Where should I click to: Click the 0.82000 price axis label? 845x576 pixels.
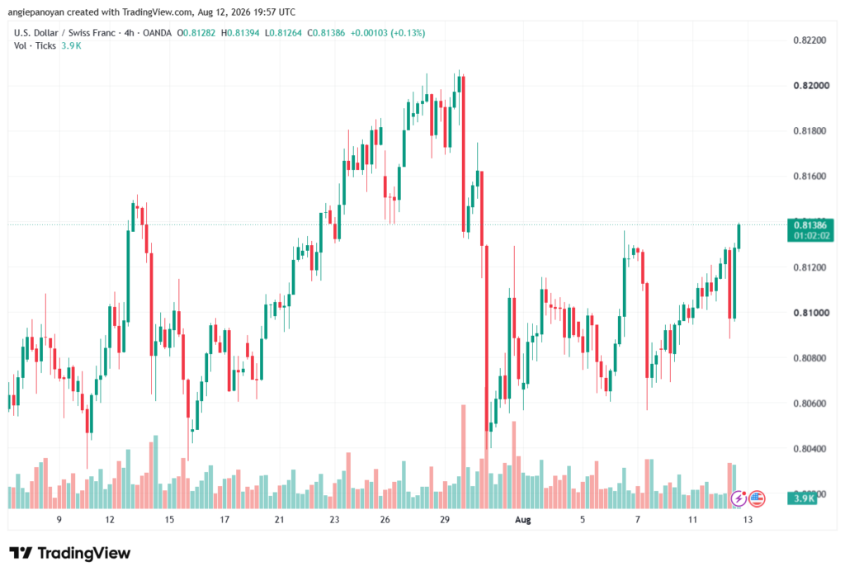tap(811, 86)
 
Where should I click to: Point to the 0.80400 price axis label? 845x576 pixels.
tap(810, 449)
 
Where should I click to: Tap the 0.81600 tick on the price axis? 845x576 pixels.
tap(810, 177)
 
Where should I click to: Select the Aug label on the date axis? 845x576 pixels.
tap(522, 520)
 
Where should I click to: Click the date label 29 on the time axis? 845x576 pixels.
tap(445, 520)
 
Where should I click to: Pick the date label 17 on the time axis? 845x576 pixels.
tap(224, 520)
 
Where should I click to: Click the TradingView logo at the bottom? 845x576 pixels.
tap(70, 554)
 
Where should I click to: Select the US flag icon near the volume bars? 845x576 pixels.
tap(758, 499)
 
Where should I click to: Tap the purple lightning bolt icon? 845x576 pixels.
tap(739, 499)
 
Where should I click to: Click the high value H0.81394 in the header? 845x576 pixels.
tap(240, 33)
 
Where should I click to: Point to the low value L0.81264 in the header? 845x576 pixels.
tap(283, 33)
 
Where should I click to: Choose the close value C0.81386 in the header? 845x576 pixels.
tap(326, 33)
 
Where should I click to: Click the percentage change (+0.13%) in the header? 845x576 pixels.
tap(408, 33)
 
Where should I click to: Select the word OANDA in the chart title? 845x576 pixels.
tap(158, 33)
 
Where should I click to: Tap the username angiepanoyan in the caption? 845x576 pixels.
tap(35, 12)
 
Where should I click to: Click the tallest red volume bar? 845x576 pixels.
tap(464, 456)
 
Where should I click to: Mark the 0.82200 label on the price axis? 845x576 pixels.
tap(810, 40)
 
